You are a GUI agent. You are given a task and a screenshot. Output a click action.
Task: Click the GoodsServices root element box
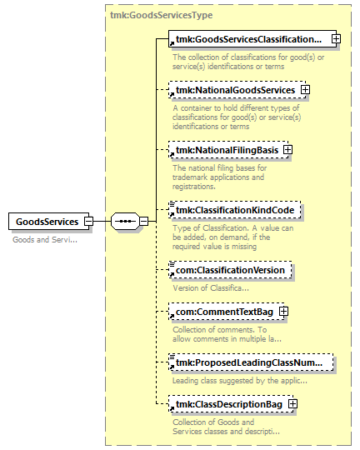(x=49, y=222)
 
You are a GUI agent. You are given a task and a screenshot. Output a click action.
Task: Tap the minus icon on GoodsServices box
(x=88, y=222)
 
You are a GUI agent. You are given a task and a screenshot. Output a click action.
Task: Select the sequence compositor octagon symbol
(x=125, y=222)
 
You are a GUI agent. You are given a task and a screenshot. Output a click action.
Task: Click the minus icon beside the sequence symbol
(x=144, y=222)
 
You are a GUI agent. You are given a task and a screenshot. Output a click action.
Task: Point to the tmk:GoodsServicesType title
(x=162, y=15)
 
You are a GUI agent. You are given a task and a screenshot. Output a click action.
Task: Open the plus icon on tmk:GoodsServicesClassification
(x=336, y=38)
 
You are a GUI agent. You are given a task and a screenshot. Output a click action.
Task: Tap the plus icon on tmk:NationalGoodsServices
(x=305, y=90)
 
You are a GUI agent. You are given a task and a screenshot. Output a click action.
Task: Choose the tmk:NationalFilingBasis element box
(x=228, y=150)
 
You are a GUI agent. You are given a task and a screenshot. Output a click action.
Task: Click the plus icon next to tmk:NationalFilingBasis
(x=287, y=150)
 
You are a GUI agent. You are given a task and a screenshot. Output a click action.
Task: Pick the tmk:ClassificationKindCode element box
(x=234, y=210)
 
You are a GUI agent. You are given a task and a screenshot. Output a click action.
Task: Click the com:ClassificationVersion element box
(x=230, y=270)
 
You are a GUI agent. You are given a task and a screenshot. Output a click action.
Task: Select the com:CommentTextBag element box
(x=226, y=312)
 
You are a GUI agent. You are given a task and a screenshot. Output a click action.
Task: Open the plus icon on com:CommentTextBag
(x=283, y=312)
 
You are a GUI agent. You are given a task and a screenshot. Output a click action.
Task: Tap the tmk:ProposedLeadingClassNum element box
(x=251, y=362)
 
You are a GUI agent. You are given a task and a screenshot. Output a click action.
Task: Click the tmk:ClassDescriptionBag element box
(x=231, y=404)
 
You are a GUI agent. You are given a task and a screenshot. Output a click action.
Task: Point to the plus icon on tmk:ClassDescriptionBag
(x=292, y=404)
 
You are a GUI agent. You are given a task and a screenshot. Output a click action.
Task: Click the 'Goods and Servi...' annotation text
(x=45, y=240)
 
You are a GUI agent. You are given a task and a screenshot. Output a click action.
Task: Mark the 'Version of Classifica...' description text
(x=211, y=287)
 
